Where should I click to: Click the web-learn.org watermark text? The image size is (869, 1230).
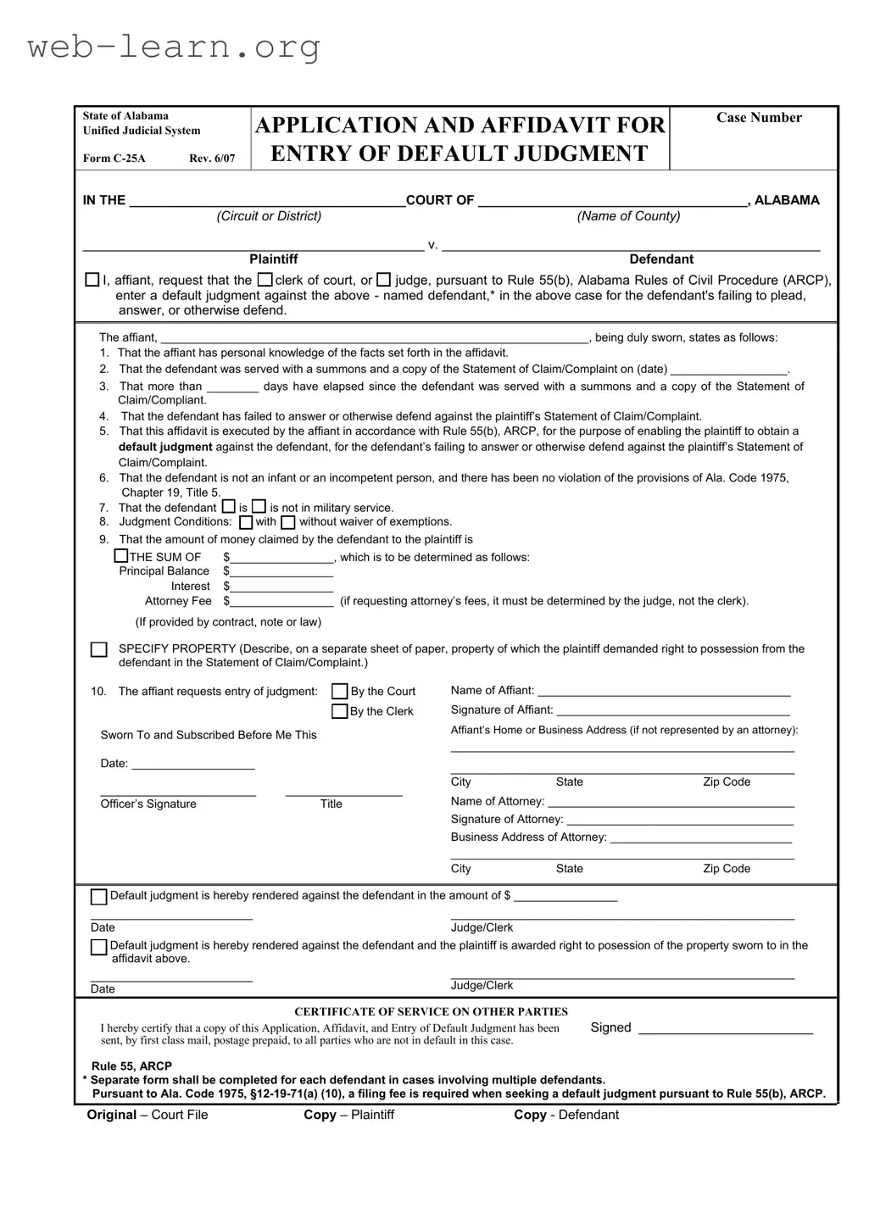point(174,47)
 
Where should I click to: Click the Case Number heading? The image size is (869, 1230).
point(759,118)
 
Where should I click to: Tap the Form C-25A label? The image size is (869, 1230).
point(114,159)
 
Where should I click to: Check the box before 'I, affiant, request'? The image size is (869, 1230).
point(92,280)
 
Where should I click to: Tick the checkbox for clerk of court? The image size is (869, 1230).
point(265,280)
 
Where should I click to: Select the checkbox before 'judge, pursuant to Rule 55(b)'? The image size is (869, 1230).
point(383,280)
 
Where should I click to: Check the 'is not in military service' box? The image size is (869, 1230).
point(259,507)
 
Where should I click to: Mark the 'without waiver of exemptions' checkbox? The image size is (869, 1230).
point(288,522)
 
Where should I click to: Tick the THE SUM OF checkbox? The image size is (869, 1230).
point(121,556)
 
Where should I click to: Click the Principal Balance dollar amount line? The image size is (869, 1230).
point(281,572)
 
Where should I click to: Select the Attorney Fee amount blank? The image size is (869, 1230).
point(281,602)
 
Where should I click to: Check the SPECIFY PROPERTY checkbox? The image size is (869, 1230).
point(99,650)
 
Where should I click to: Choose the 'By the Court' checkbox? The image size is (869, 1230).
point(339,691)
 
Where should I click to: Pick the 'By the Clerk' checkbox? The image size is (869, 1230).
point(339,711)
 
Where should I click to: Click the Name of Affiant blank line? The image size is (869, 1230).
point(664,692)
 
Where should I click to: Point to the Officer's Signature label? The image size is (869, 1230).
point(148,804)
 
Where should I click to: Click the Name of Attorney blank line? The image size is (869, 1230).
point(671,803)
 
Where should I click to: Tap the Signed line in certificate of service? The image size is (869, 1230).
point(725,1030)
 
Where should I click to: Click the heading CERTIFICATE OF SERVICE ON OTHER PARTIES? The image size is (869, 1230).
point(431,1011)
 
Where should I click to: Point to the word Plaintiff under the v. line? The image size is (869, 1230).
point(273,259)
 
